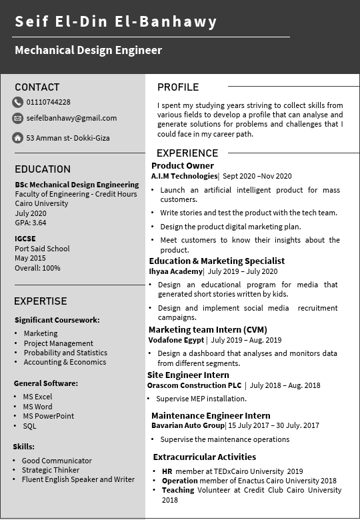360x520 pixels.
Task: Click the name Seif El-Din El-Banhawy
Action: click(116, 22)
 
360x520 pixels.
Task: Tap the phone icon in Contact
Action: click(17, 102)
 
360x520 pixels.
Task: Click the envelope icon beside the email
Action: click(17, 118)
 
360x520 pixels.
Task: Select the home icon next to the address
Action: click(17, 138)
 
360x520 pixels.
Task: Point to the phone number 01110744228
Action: click(48, 102)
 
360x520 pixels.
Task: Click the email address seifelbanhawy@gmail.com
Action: click(71, 118)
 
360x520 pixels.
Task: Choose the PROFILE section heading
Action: click(178, 87)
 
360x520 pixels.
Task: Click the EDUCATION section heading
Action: click(43, 169)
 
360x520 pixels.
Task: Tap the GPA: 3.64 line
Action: click(31, 223)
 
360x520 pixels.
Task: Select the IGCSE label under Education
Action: click(25, 239)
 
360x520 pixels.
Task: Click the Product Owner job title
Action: click(183, 166)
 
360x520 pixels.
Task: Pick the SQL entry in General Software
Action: click(29, 426)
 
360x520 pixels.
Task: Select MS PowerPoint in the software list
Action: click(48, 416)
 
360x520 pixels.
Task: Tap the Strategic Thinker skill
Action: click(50, 470)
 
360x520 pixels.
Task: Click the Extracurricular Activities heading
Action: click(204, 457)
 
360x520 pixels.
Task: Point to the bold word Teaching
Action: click(178, 490)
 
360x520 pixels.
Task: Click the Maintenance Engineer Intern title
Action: click(211, 416)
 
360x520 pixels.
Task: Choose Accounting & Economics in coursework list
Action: click(65, 362)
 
